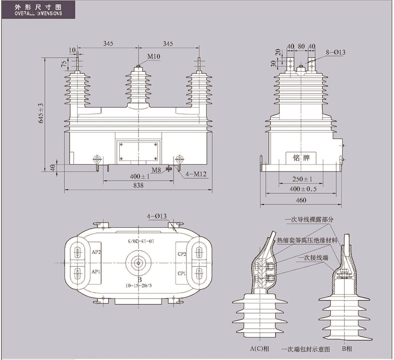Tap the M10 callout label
(154, 57)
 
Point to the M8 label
(157, 171)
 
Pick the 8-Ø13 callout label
(336, 52)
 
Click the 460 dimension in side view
(300, 200)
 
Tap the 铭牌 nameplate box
(301, 158)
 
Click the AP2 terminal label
(96, 252)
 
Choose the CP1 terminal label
(182, 273)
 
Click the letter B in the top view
(139, 280)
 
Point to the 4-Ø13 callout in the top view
(157, 216)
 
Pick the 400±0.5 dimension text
(302, 188)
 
